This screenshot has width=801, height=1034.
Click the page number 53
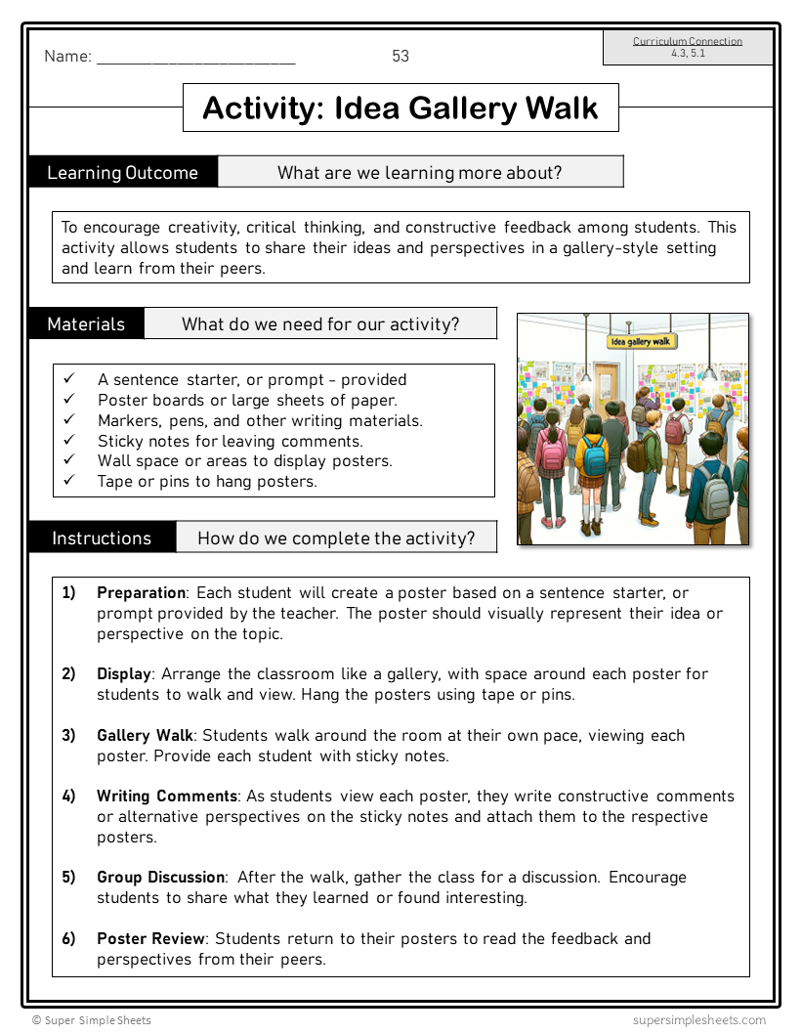(400, 57)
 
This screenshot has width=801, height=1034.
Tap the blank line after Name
(195, 59)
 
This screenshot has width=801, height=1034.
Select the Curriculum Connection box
(688, 47)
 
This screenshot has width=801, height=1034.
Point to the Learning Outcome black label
(123, 173)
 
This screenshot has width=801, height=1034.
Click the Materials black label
(87, 324)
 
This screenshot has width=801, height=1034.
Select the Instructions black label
(102, 538)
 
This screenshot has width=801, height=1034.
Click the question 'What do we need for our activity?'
(320, 324)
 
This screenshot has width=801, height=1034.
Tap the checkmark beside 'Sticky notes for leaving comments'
(69, 441)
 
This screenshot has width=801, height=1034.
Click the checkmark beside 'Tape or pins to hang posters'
(69, 481)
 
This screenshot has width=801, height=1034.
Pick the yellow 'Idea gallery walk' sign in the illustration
(641, 341)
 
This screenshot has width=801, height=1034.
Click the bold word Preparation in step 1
(141, 593)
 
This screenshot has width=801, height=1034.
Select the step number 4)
(68, 797)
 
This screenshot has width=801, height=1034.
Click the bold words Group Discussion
(161, 878)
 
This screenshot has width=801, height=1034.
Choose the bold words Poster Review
(150, 939)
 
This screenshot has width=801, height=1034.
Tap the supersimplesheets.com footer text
(698, 1019)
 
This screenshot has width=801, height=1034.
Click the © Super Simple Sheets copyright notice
(92, 1019)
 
